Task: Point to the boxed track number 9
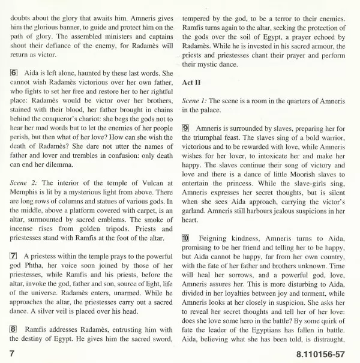185,128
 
